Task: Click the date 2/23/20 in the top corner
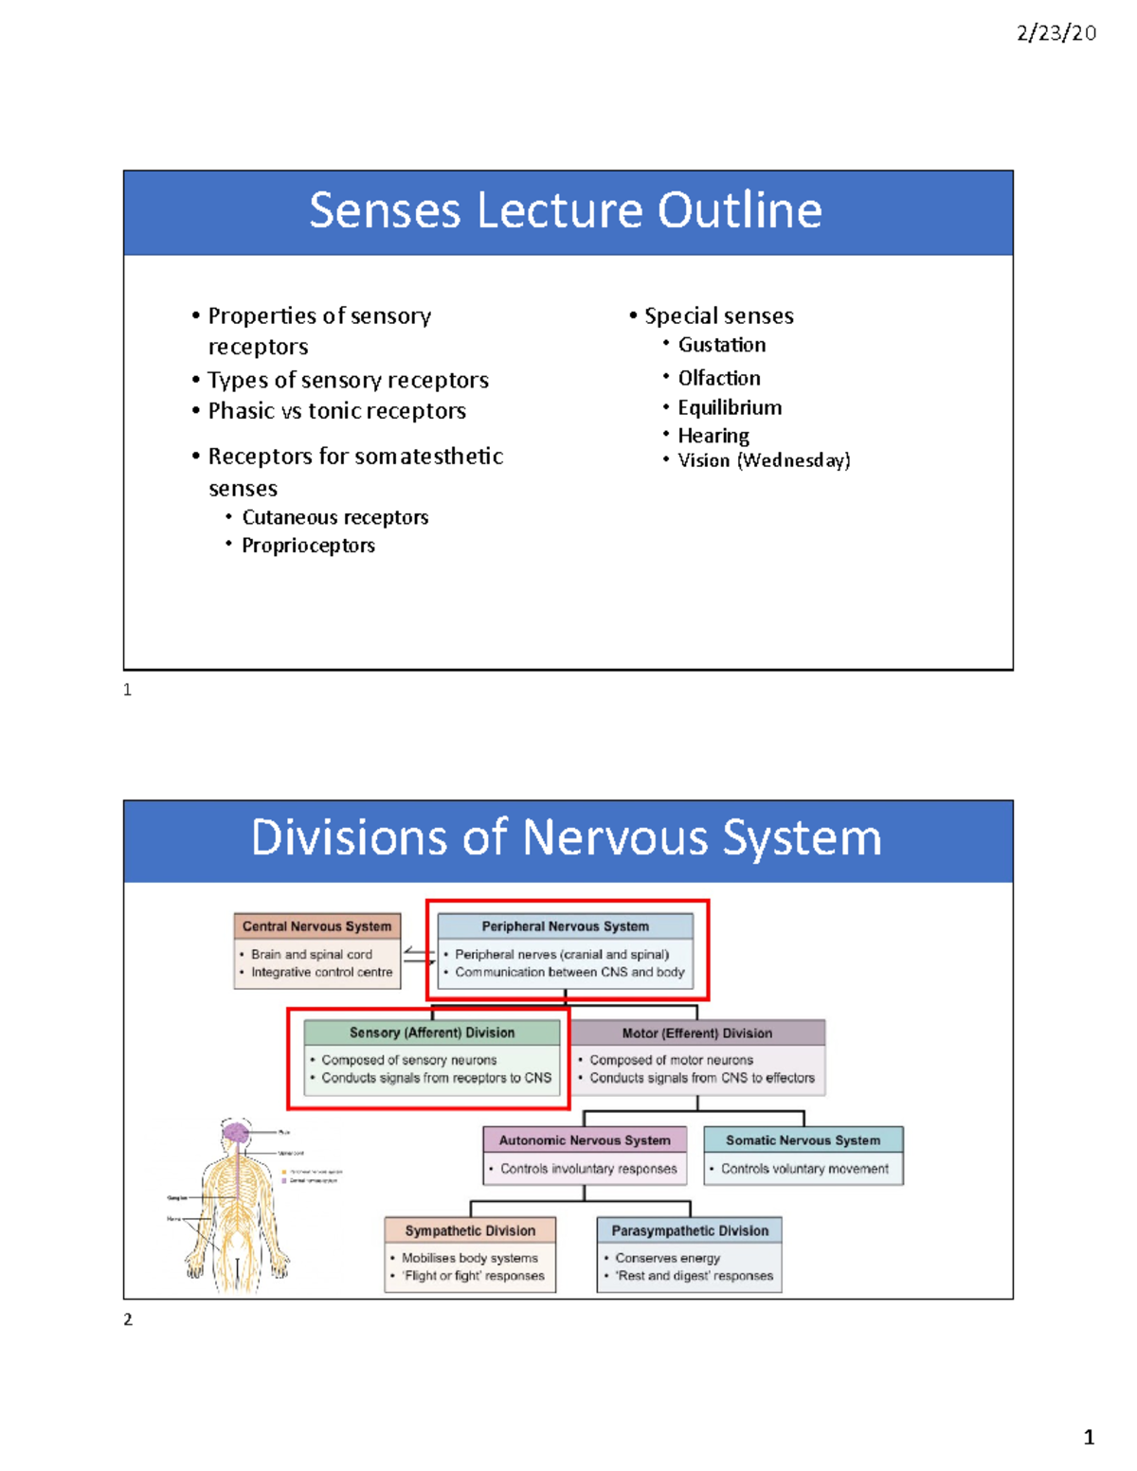click(1056, 33)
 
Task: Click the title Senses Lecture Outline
click(566, 210)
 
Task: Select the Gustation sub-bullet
click(721, 345)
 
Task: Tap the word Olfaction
click(718, 378)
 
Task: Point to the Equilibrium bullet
click(730, 407)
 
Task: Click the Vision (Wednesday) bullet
click(764, 460)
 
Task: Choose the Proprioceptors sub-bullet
click(308, 546)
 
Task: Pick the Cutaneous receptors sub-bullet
click(334, 517)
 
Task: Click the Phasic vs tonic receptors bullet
click(336, 411)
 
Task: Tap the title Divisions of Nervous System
click(566, 838)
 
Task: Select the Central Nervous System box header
click(316, 926)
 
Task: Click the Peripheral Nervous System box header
click(565, 926)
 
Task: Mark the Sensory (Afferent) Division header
click(432, 1032)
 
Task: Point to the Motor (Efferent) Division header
click(696, 1033)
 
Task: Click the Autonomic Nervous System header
click(585, 1140)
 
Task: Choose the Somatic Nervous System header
click(803, 1140)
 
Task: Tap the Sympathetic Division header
click(470, 1230)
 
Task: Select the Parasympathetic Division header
click(690, 1230)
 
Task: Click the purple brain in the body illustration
click(235, 1132)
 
